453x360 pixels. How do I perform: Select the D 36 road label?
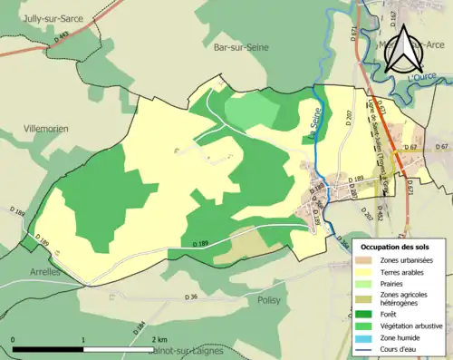click(190, 297)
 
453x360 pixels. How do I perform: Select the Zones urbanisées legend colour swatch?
click(363, 260)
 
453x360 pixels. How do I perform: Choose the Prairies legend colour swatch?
click(363, 282)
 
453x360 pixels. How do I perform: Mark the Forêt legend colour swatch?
click(363, 315)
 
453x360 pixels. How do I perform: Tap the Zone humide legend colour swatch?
click(363, 337)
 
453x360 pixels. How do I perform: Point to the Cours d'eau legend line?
click(363, 348)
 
